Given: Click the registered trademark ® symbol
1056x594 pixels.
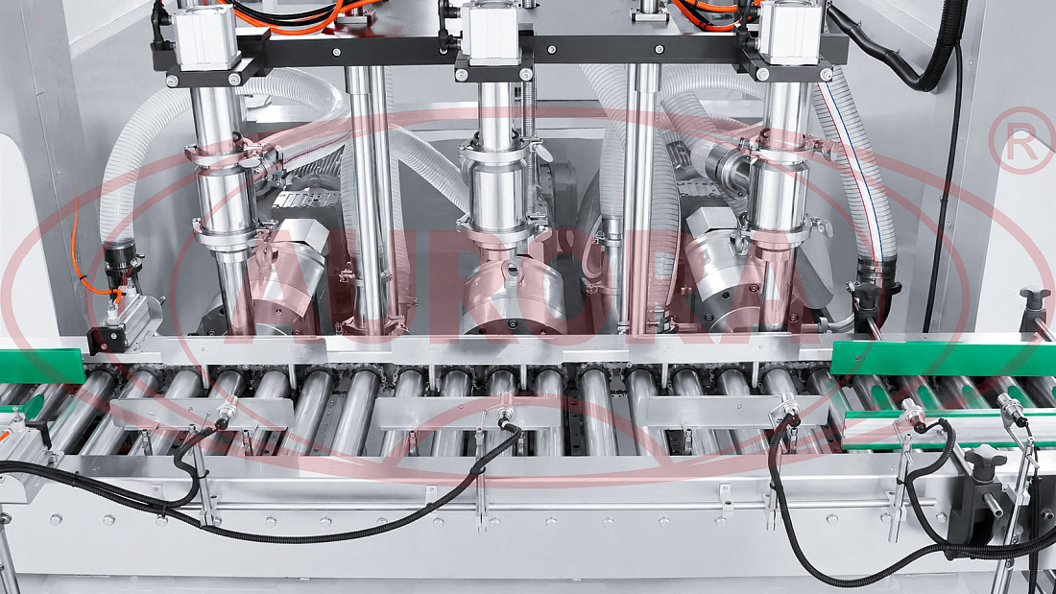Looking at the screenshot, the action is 1021,140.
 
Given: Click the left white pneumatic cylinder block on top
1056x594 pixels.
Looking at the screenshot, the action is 205,37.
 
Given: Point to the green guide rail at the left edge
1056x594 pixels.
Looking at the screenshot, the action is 41,366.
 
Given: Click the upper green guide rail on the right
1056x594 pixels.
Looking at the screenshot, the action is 943,357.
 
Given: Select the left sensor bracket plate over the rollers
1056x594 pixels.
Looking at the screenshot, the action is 201,413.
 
